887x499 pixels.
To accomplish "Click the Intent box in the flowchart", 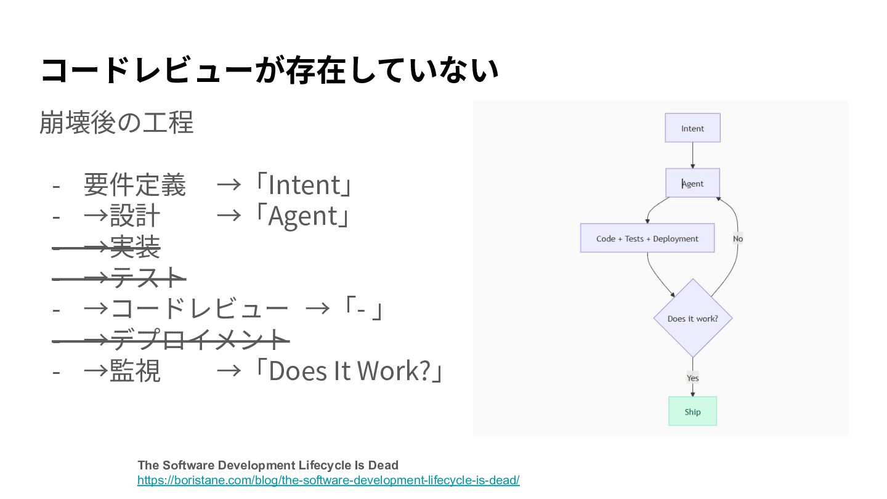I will coord(692,128).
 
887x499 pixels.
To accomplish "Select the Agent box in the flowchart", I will coord(693,183).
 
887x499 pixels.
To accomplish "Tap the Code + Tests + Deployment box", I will coord(647,238).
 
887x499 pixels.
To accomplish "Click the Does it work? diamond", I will coord(692,318).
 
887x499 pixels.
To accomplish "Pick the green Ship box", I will coord(692,412).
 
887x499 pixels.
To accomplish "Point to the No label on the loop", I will coord(737,239).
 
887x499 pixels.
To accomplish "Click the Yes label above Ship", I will coord(692,378).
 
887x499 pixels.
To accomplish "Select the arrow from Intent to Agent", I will coord(693,155).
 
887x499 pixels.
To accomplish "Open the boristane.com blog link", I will coord(328,480).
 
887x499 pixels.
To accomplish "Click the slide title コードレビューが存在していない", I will coord(269,70).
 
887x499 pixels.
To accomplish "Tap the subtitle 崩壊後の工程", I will coord(116,122).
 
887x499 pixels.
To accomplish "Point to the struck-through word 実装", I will coord(135,247).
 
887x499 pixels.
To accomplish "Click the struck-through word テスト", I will coord(148,278).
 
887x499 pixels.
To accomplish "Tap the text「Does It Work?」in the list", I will coord(349,371).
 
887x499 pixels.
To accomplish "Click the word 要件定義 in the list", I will coord(134,184).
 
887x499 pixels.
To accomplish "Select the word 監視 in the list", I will coord(135,371).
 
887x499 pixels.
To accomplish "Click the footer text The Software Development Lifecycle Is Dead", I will coord(268,465).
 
